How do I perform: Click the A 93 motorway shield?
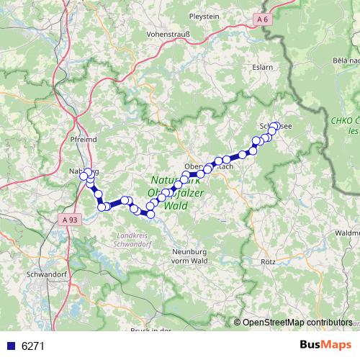(70, 219)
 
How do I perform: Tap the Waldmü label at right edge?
(346, 233)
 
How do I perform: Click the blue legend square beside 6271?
(9, 346)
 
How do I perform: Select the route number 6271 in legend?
(33, 346)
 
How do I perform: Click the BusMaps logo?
(325, 346)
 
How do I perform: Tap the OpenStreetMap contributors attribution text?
(297, 323)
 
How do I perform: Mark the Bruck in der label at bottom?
(150, 330)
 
